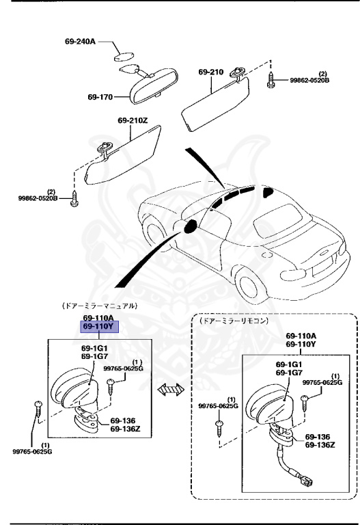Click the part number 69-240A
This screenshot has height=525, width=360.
(x=80, y=42)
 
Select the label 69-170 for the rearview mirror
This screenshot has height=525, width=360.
(x=100, y=97)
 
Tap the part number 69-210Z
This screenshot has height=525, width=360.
(x=132, y=120)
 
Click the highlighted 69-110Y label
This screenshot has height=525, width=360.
(x=99, y=326)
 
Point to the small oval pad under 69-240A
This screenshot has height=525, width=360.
(x=124, y=57)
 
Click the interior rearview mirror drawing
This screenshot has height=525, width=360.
(x=154, y=85)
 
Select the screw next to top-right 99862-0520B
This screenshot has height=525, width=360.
(x=271, y=80)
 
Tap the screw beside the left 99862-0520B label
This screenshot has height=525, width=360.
(x=74, y=198)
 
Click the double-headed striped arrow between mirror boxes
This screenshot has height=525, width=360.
(x=171, y=390)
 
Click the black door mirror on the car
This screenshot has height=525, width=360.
(x=191, y=226)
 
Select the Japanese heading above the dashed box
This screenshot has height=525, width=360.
(x=233, y=321)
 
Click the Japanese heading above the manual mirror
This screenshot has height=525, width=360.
(x=99, y=306)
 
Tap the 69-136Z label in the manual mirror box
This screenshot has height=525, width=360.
(x=126, y=429)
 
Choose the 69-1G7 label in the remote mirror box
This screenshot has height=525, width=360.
(x=289, y=373)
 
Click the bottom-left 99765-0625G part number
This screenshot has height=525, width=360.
(x=33, y=452)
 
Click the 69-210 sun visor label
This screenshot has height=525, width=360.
(x=211, y=72)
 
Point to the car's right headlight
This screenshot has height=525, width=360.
(x=294, y=275)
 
